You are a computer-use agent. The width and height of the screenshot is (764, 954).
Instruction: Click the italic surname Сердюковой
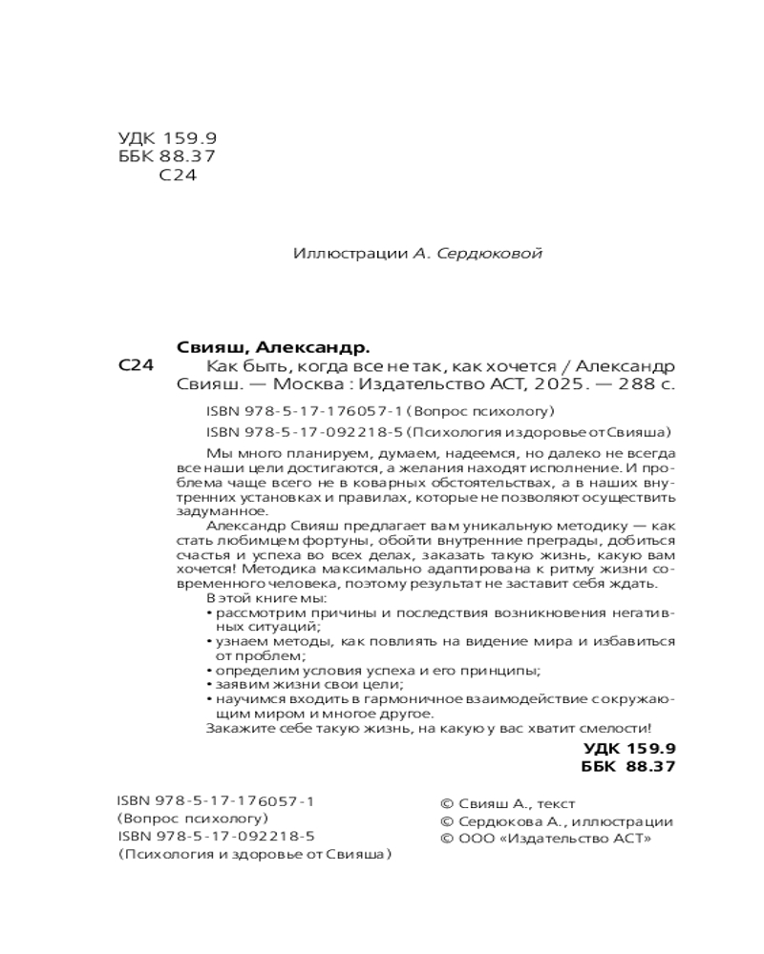488,254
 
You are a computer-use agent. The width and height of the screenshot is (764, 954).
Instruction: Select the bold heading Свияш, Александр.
273,347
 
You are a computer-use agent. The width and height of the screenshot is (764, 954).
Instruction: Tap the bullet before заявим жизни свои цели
208,685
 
